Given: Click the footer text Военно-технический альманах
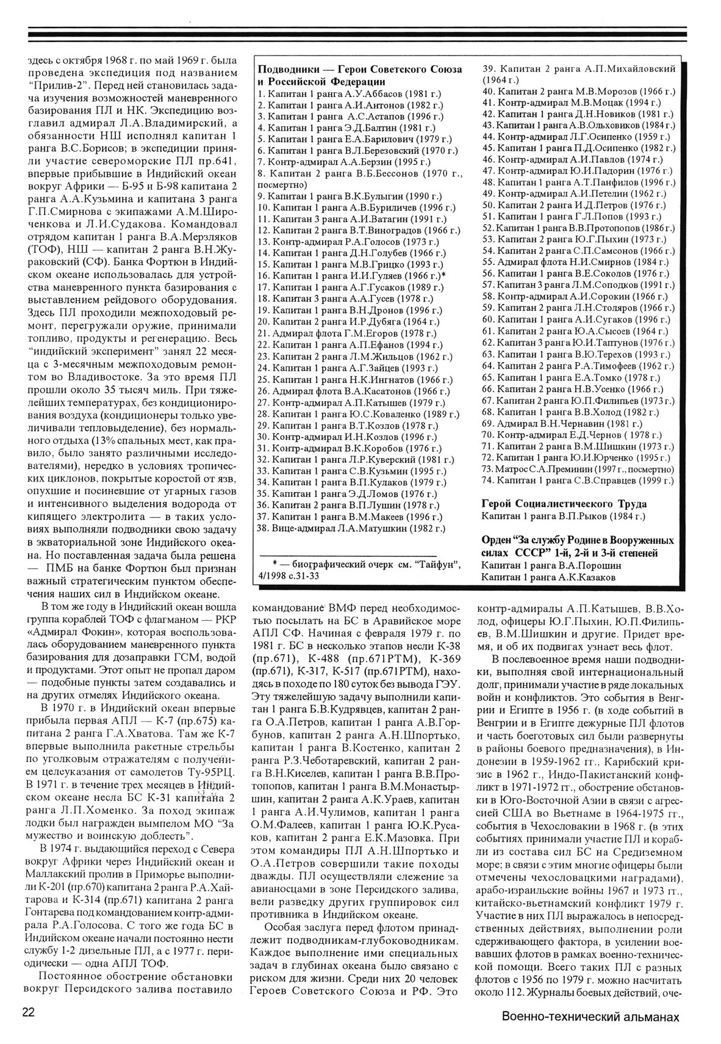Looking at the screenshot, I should point(590,1017).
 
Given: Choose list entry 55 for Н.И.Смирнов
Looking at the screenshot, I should point(572,261).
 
